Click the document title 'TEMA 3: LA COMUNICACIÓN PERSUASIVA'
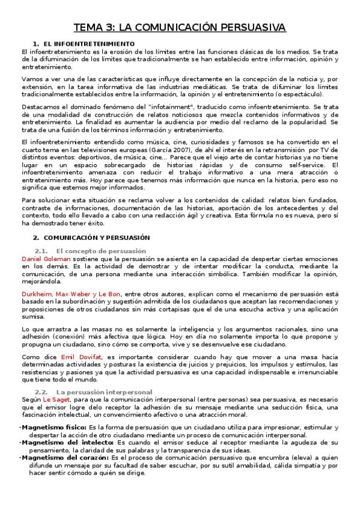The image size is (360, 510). tap(180, 28)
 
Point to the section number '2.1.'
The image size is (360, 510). tap(41, 250)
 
